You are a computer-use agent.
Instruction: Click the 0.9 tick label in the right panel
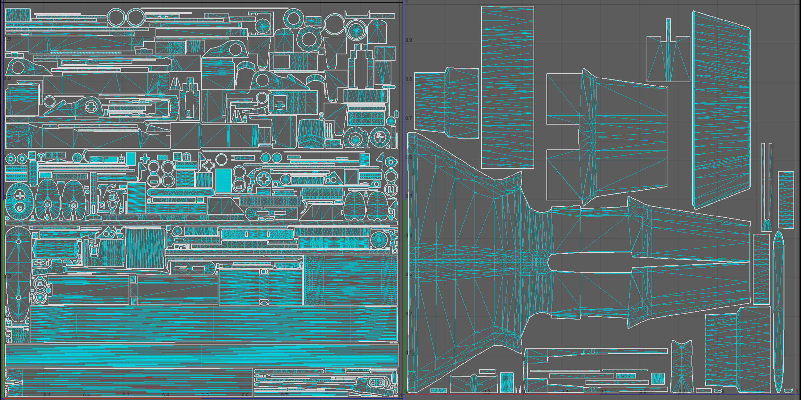pyautogui.click(x=409, y=40)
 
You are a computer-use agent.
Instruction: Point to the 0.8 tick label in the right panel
pyautogui.click(x=409, y=79)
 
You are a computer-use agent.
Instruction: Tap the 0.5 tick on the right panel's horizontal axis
pyautogui.click(x=604, y=392)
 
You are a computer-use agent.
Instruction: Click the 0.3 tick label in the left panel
pyautogui.click(x=7, y=276)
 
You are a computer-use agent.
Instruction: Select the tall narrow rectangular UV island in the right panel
pyautogui.click(x=507, y=87)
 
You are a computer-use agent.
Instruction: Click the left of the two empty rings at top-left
pyautogui.click(x=116, y=17)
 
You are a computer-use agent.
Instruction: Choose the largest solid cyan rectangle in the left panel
pyautogui.click(x=223, y=181)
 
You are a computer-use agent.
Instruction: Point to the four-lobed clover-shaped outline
pyautogui.click(x=209, y=166)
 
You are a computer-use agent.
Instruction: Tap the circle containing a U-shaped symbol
pyautogui.click(x=391, y=190)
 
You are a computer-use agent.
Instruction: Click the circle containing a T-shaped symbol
pyautogui.click(x=380, y=137)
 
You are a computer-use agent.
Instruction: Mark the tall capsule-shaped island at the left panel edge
pyautogui.click(x=18, y=274)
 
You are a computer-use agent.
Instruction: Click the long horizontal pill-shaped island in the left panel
pyautogui.click(x=181, y=192)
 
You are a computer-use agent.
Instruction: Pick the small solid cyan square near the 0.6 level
pyautogui.click(x=130, y=159)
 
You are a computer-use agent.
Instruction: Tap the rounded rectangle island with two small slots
pyautogui.click(x=257, y=234)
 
